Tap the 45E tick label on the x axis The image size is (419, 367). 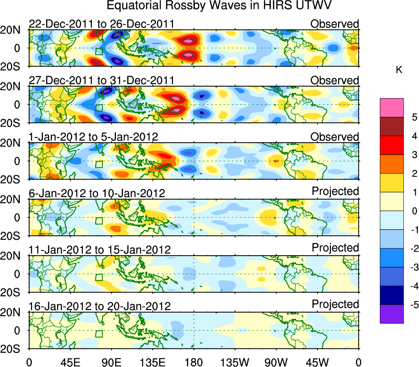click(70, 362)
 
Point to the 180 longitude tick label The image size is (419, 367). click(194, 362)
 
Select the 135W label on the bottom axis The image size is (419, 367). click(235, 362)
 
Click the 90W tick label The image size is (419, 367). click(276, 362)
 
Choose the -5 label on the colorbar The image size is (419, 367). click(412, 305)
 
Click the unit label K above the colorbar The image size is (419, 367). click(399, 70)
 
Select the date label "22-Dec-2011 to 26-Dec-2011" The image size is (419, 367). click(102, 24)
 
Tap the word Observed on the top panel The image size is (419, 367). click(334, 24)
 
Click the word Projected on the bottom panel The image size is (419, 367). click(335, 304)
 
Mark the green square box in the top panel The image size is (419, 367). click(99, 52)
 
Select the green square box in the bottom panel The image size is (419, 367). click(99, 334)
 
